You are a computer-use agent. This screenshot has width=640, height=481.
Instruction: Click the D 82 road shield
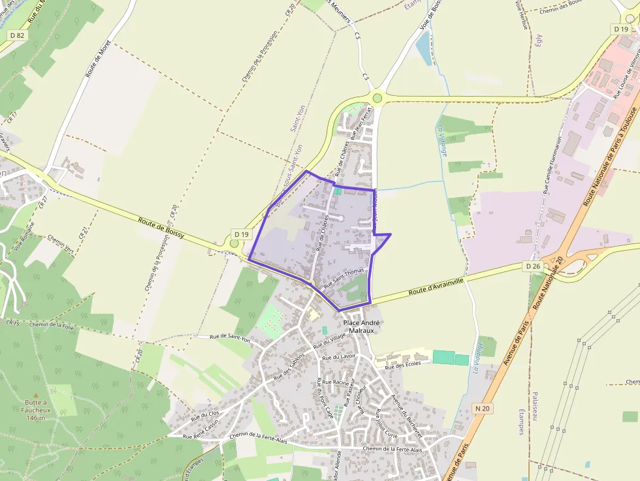click(x=16, y=35)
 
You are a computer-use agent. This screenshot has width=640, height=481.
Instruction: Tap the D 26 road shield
click(x=532, y=266)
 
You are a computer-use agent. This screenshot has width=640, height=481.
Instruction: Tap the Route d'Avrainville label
click(x=437, y=285)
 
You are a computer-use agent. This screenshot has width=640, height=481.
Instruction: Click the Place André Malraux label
click(x=361, y=326)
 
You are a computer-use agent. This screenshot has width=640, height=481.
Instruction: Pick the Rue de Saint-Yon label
click(x=230, y=338)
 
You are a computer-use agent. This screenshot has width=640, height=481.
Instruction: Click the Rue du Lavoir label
click(x=340, y=357)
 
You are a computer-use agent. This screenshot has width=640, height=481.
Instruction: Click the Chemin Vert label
click(x=61, y=246)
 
